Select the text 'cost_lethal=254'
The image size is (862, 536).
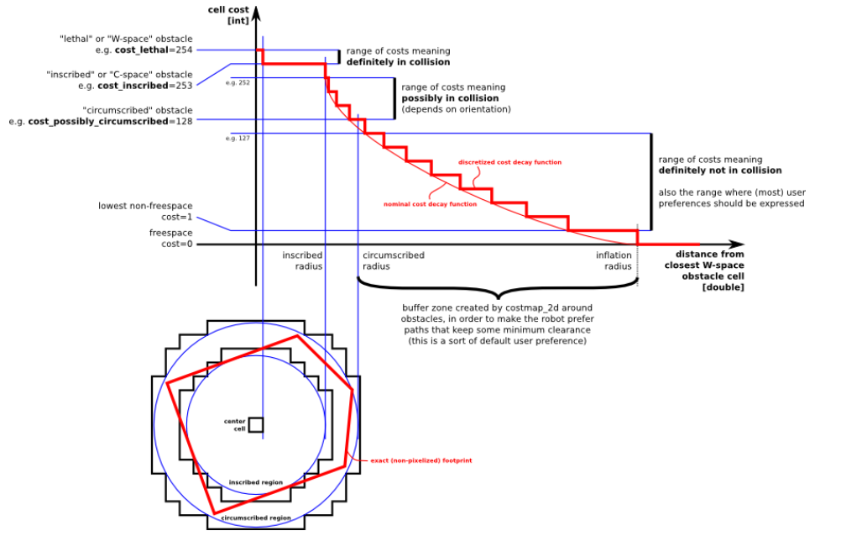coord(154,50)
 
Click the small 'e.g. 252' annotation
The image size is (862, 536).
coord(238,83)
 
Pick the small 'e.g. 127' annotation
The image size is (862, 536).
coord(238,138)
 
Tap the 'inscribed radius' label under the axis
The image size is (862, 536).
coord(302,260)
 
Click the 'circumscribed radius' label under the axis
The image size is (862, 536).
coord(393,260)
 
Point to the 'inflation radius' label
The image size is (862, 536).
coord(614,260)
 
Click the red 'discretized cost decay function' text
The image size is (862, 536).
coord(509,162)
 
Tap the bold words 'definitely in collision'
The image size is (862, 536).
coord(398,62)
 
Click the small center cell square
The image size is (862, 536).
coord(256,425)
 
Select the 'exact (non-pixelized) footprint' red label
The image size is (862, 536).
coord(421,460)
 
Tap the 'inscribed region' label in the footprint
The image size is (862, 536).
coord(256,482)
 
